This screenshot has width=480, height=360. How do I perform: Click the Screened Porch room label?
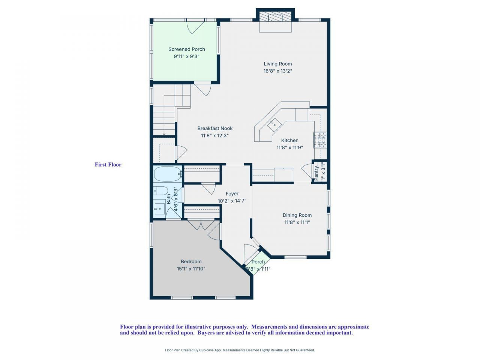pos(186,49)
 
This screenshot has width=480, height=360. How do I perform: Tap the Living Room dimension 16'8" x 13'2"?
pos(277,71)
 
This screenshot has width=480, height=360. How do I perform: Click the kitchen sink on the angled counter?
pos(274,123)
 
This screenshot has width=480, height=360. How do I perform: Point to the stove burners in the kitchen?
pos(320,139)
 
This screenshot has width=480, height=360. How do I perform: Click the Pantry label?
pos(316,173)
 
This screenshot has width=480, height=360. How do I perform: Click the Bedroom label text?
pos(191,262)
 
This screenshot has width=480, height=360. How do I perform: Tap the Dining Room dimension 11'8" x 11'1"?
pos(297,222)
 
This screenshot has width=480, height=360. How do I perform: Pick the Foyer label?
pos(232,194)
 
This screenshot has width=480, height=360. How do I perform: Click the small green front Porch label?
pos(258,262)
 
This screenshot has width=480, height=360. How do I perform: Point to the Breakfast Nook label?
pos(215,128)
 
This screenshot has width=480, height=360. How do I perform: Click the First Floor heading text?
pos(108,165)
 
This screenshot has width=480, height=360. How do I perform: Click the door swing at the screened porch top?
pos(195,26)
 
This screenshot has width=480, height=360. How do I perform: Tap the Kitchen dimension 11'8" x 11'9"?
pos(289,148)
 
